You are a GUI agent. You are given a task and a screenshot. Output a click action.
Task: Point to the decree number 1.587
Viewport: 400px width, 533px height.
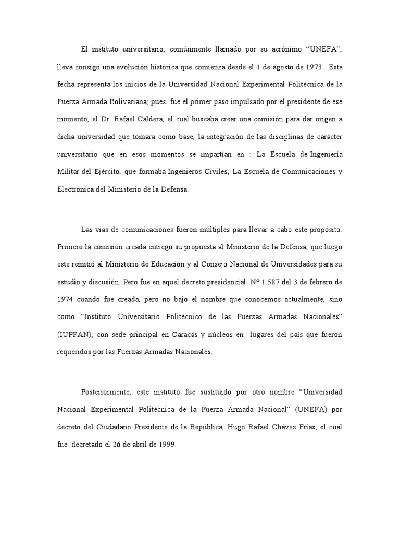[273, 282]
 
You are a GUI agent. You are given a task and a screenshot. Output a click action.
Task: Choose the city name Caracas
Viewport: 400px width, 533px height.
[176, 335]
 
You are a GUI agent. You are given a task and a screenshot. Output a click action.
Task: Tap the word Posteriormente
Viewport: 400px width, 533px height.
[106, 391]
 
